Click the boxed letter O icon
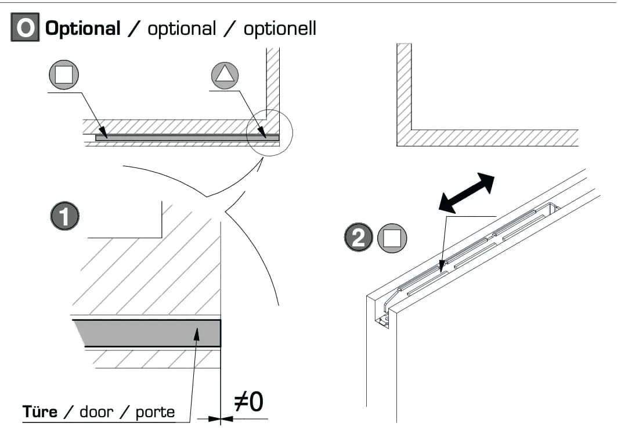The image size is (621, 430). pyautogui.click(x=25, y=27)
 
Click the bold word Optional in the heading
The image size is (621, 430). pyautogui.click(x=83, y=28)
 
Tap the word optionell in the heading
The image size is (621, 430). pyautogui.click(x=280, y=28)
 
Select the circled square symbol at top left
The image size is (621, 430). pyautogui.click(x=64, y=74)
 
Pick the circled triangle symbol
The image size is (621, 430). pyautogui.click(x=225, y=76)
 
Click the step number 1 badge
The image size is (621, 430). pyautogui.click(x=65, y=216)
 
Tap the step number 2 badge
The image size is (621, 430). pyautogui.click(x=359, y=237)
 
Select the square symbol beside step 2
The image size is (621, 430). pyautogui.click(x=392, y=238)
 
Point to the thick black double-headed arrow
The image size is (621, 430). pyautogui.click(x=467, y=192)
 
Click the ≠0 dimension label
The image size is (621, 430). pyautogui.click(x=249, y=402)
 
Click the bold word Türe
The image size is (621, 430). pyautogui.click(x=40, y=412)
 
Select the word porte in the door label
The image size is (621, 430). pyautogui.click(x=156, y=413)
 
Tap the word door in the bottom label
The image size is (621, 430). pyautogui.click(x=97, y=412)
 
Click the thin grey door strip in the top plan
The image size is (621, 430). pyautogui.click(x=187, y=138)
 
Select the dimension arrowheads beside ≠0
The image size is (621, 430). pyautogui.click(x=221, y=418)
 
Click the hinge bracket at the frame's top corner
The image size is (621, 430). pyautogui.click(x=385, y=316)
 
